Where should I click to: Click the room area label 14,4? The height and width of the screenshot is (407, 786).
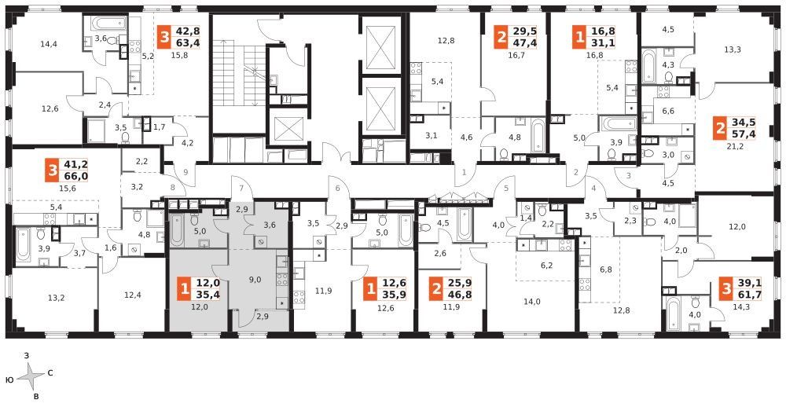click(49, 44)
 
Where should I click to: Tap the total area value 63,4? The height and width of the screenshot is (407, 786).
click(185, 42)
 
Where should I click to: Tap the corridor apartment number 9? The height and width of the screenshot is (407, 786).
click(186, 172)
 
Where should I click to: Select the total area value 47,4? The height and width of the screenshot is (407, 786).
click(523, 42)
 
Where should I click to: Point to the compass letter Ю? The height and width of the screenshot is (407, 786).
click(9, 380)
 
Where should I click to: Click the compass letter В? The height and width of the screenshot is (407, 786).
click(35, 397)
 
